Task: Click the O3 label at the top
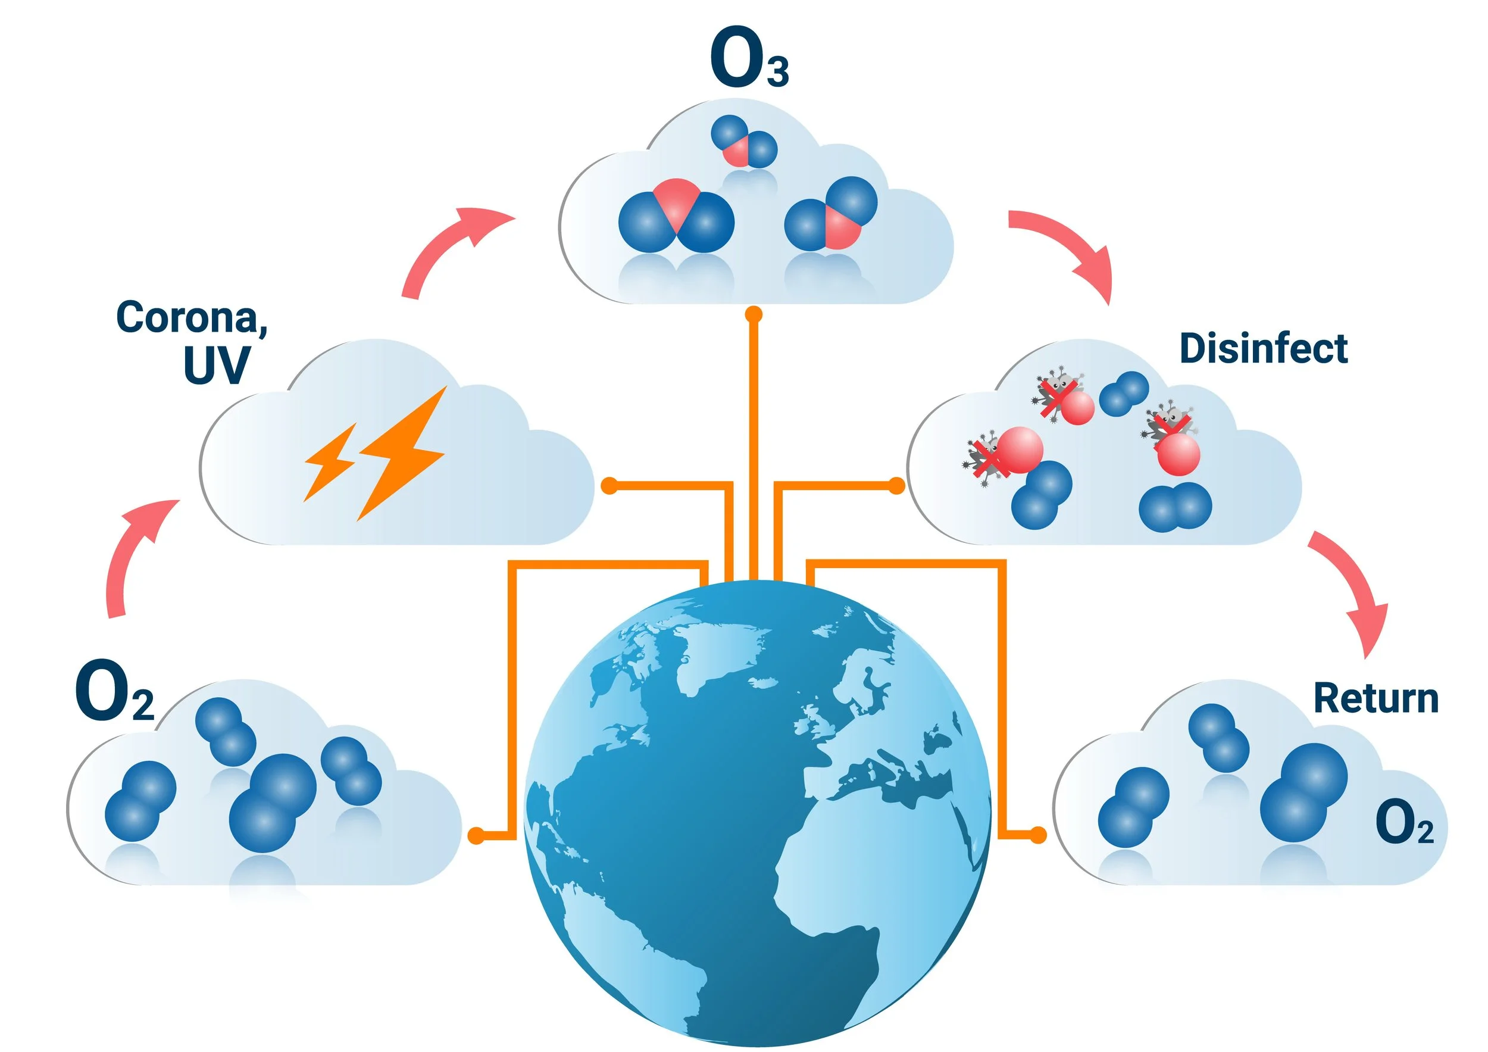coord(749,58)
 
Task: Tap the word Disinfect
coord(1263,348)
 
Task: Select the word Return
coord(1376,699)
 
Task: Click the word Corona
coord(191,317)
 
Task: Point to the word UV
coord(217,366)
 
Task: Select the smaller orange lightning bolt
coord(329,462)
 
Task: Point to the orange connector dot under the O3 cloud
coord(753,315)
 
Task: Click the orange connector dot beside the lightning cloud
coord(610,485)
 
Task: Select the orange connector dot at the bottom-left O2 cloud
coord(476,835)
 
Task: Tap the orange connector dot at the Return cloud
coord(1037,835)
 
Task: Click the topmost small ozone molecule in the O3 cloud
coord(743,141)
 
